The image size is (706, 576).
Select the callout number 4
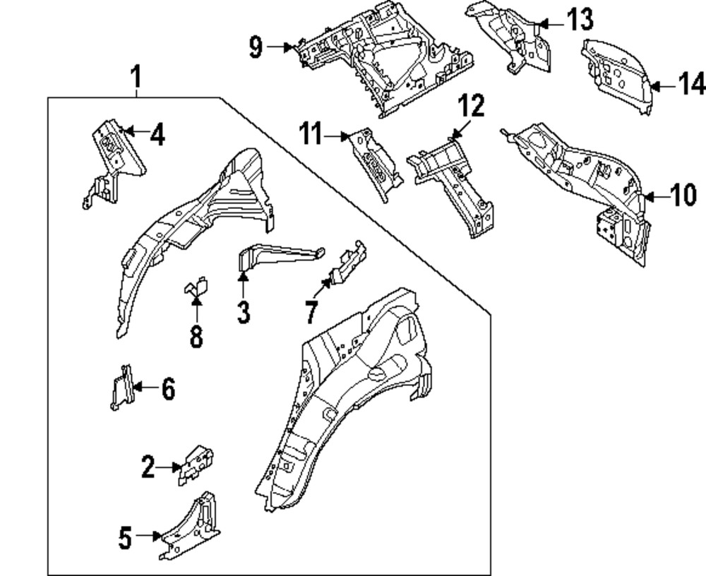[157, 134]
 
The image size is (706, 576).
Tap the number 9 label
[256, 48]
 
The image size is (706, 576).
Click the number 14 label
[691, 85]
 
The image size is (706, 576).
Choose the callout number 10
[683, 196]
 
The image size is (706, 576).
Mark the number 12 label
[472, 107]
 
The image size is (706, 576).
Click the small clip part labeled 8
[196, 289]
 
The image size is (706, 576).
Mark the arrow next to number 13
[551, 23]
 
